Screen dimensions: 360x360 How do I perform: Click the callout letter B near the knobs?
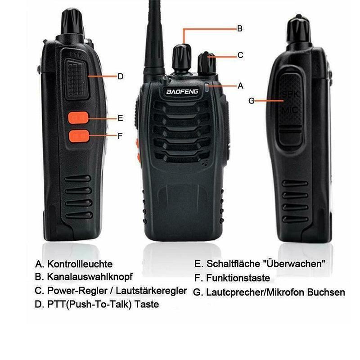240,28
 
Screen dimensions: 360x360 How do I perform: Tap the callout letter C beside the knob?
240,55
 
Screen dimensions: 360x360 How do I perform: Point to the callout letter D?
120,76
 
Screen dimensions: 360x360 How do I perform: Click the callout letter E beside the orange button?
120,118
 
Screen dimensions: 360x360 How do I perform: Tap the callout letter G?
251,101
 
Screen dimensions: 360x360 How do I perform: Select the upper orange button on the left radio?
77,118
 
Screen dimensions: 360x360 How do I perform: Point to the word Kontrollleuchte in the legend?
80,264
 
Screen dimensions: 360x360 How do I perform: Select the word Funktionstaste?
238,278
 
